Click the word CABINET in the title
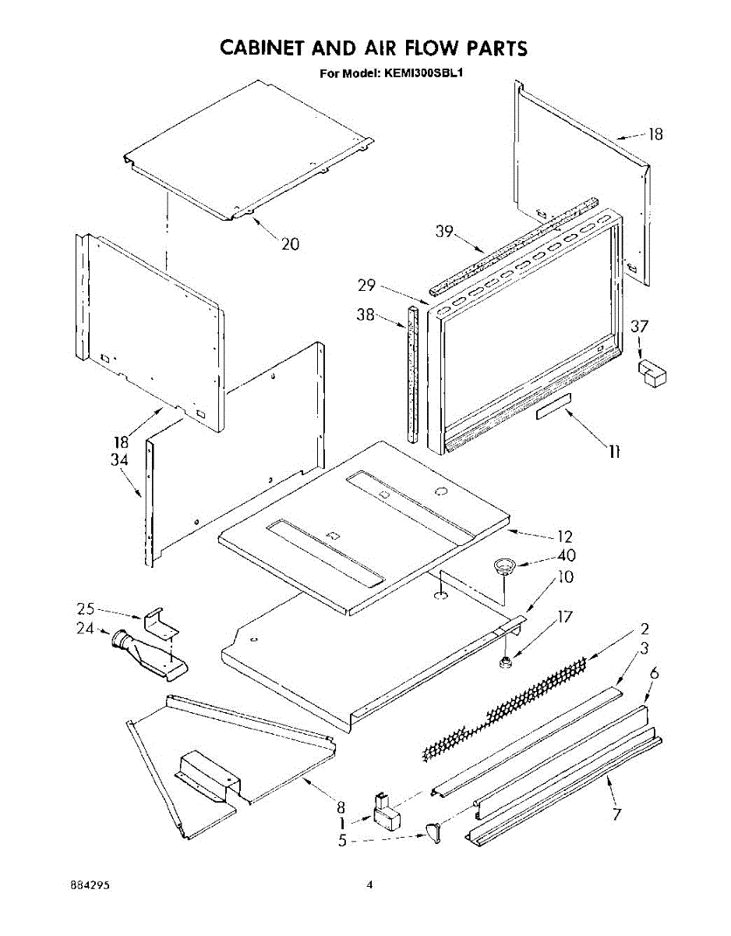260,48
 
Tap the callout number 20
290,243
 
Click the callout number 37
640,327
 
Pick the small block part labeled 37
652,372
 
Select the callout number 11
615,451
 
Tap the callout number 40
566,555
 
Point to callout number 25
87,609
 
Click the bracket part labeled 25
161,620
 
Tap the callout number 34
119,460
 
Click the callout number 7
616,815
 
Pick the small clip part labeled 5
433,835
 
